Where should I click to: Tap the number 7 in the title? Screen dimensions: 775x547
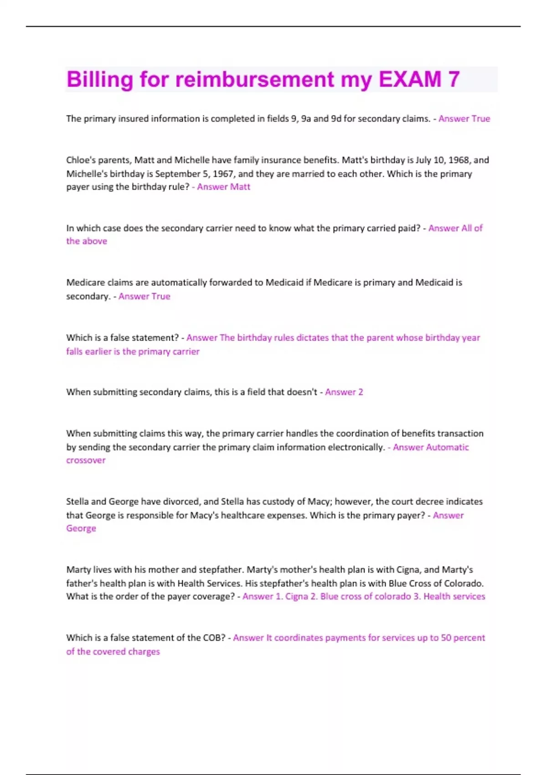click(454, 79)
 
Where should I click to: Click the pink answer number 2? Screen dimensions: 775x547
click(360, 392)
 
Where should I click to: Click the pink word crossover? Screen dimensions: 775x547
click(86, 460)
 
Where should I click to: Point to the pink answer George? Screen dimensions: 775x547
click(81, 528)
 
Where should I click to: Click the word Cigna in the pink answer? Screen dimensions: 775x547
click(296, 596)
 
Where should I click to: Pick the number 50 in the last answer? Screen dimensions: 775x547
click(446, 638)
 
